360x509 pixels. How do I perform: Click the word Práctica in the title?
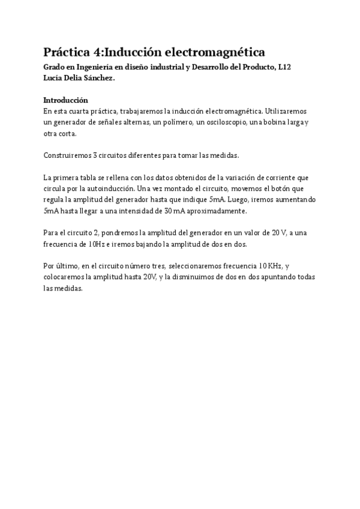(67, 52)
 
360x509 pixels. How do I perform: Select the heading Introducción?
(66, 100)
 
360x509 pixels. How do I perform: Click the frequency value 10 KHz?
(267, 267)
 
